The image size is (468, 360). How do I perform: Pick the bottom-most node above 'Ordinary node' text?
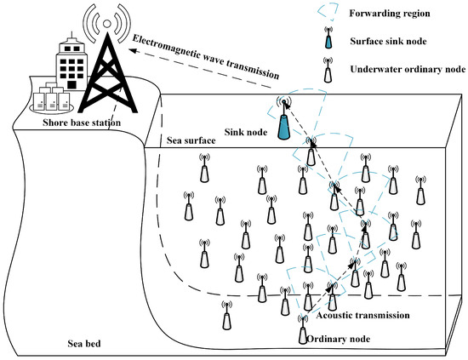point(302,329)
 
